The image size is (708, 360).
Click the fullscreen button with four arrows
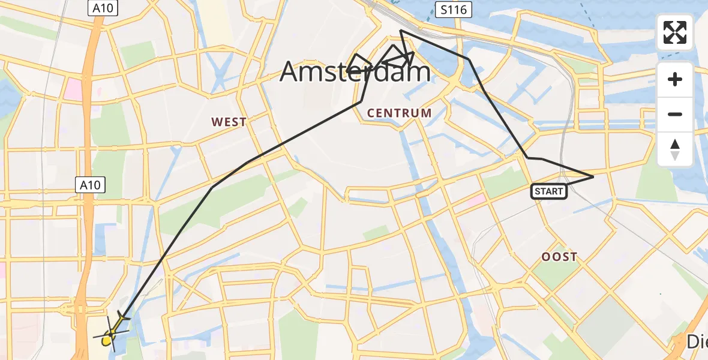(x=675, y=32)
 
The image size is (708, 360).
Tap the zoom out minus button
(x=675, y=114)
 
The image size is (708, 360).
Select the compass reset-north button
(x=675, y=149)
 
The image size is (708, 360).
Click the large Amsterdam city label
(x=355, y=73)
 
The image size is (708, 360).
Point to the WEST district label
(x=229, y=122)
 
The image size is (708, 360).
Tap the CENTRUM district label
(x=399, y=113)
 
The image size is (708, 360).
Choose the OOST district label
(x=559, y=257)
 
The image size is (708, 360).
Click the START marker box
(x=548, y=191)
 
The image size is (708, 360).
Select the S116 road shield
(x=454, y=9)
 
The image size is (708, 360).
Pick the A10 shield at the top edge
(x=103, y=8)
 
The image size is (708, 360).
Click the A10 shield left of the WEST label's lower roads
(x=92, y=185)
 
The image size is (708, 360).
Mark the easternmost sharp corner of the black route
(x=593, y=176)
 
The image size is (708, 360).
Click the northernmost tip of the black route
(x=400, y=30)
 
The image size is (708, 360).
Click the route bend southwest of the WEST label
(x=212, y=188)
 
